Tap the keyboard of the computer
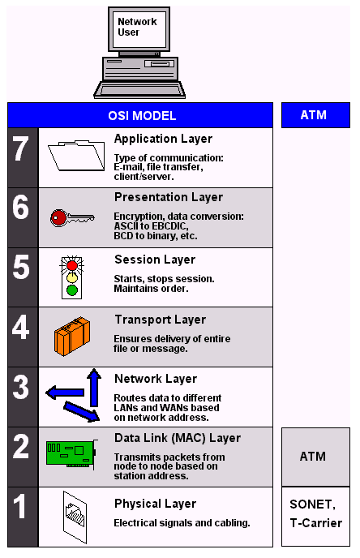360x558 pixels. point(139,90)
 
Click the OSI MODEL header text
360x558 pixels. point(142,116)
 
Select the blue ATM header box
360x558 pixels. point(315,115)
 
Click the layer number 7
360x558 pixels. point(20,149)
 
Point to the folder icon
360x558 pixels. point(76,156)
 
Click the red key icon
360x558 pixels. point(72,218)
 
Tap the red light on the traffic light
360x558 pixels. point(72,265)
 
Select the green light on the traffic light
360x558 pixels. point(72,290)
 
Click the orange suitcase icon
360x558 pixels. point(72,337)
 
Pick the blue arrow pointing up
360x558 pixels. point(94,387)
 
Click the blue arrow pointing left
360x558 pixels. point(65,393)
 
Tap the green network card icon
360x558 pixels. point(72,454)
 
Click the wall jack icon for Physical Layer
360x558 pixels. point(75,517)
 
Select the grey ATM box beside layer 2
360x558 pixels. point(315,457)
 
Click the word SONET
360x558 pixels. point(311,504)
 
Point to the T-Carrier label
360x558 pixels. point(316,523)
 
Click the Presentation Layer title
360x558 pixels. point(169,198)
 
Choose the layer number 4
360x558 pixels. point(20,328)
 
